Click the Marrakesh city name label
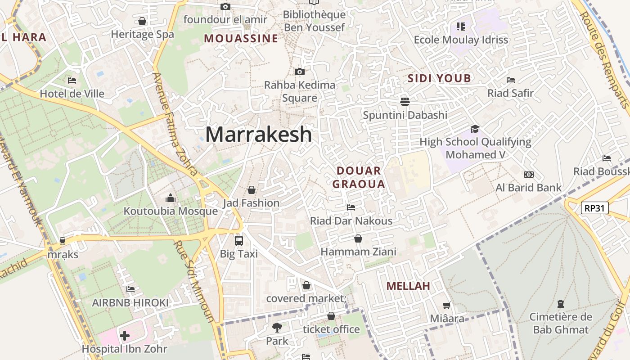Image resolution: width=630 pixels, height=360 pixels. [258, 134]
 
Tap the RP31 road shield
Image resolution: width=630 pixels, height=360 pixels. [595, 208]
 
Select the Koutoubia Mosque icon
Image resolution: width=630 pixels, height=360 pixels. [171, 198]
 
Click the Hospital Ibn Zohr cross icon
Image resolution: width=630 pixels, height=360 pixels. [125, 335]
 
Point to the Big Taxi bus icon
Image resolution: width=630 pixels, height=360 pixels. [239, 240]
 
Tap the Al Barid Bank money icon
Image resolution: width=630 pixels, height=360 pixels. [529, 174]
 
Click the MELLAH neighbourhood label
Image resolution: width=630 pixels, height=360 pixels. [408, 286]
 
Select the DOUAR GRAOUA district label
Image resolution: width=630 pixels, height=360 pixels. [359, 177]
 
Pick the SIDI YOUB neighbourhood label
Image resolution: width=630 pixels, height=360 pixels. [439, 78]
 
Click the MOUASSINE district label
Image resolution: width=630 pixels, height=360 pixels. [241, 39]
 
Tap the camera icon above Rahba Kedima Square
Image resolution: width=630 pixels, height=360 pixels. [299, 72]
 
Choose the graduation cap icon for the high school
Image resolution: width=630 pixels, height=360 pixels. [475, 129]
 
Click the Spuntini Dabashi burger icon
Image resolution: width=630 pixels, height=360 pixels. [405, 101]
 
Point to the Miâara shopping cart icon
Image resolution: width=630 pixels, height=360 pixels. [447, 306]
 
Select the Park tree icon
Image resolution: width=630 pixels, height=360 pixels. [277, 327]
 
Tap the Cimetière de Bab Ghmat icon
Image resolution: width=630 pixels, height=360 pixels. [561, 304]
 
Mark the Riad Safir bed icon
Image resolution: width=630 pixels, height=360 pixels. [511, 80]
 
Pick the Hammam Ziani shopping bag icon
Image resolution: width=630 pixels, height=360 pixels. [358, 238]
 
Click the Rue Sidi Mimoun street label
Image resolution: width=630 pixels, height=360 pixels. [194, 282]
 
